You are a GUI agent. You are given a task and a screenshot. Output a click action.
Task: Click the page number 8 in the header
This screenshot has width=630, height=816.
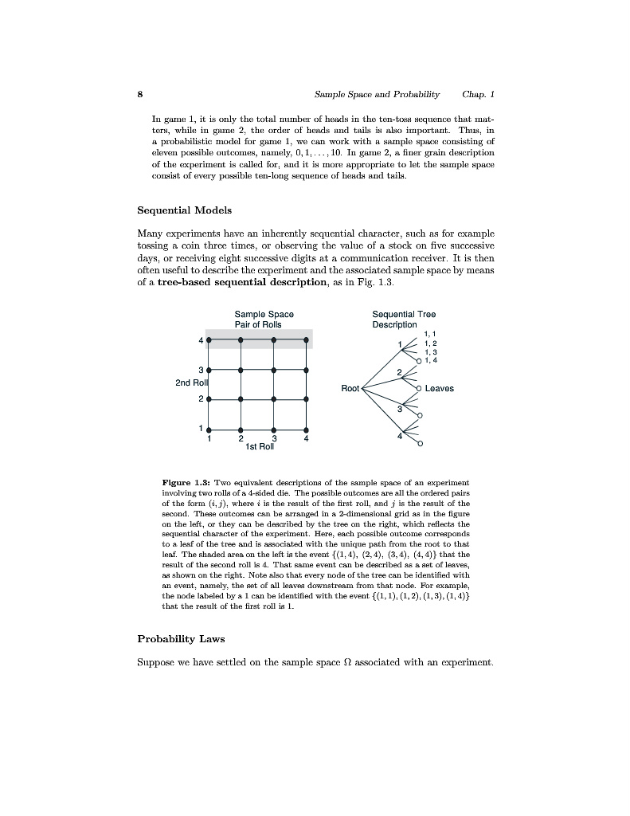click(139, 94)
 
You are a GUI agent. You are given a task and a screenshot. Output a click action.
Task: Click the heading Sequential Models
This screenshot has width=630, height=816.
click(184, 210)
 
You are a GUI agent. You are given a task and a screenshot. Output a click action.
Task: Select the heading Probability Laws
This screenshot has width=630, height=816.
click(181, 638)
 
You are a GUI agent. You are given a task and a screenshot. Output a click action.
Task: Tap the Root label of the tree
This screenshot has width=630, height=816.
click(350, 388)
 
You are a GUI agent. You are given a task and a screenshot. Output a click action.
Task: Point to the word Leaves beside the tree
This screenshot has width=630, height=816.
click(439, 389)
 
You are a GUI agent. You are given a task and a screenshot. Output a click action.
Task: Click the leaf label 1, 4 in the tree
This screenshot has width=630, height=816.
click(431, 360)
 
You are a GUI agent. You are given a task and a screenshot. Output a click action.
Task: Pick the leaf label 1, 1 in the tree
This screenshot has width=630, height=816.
click(431, 334)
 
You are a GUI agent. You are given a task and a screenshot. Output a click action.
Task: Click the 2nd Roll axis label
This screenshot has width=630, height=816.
click(191, 383)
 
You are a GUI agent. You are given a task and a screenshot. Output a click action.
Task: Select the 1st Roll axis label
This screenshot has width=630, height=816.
click(260, 447)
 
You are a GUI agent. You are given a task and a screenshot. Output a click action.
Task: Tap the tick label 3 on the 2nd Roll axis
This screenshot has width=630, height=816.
click(201, 369)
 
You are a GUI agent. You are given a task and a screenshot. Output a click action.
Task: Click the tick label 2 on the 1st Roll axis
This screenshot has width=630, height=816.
click(241, 438)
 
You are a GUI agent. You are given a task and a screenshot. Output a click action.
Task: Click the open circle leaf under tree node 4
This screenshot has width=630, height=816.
click(420, 443)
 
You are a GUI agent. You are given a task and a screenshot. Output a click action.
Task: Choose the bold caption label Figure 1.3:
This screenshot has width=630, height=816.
click(186, 483)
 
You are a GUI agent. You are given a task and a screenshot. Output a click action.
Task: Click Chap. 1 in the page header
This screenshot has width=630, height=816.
click(478, 94)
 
